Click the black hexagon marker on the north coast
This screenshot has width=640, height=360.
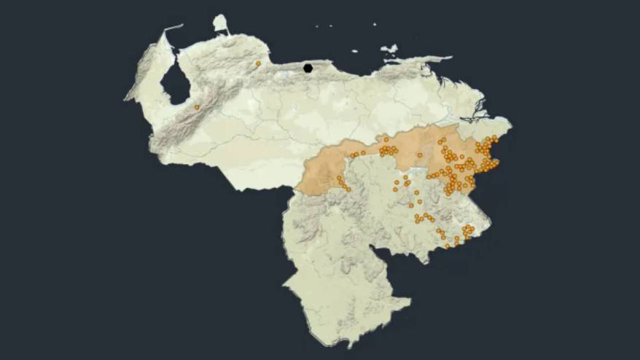coord(308,68)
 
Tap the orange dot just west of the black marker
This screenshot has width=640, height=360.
coord(259,63)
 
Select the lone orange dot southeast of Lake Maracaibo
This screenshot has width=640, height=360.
coord(197,107)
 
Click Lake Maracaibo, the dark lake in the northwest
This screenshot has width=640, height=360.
coord(175,84)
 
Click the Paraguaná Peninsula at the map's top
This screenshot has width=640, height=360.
coord(220,23)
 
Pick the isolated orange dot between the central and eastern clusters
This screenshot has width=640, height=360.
coord(420,155)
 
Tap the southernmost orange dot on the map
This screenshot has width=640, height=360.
coord(448,246)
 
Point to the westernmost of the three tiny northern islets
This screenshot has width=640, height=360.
coord(317,28)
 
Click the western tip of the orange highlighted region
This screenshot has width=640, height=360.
coord(297,191)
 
